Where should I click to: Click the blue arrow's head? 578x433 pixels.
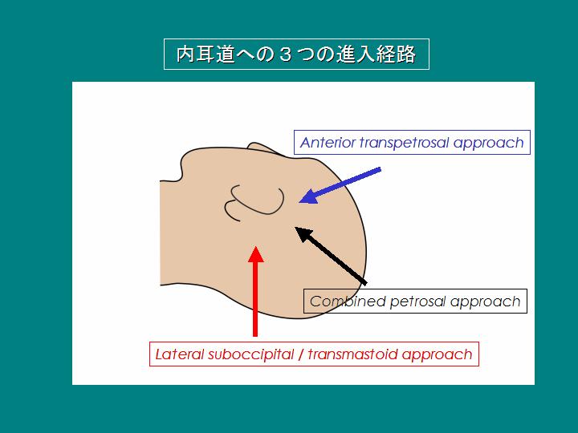(x=308, y=197)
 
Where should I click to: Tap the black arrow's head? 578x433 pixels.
(x=303, y=234)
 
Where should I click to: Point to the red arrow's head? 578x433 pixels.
(x=256, y=254)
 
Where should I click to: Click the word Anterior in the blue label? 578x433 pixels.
(x=328, y=143)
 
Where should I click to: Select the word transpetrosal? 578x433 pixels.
(x=405, y=144)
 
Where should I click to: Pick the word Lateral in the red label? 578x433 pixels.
(x=180, y=354)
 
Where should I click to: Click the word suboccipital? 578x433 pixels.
(x=250, y=354)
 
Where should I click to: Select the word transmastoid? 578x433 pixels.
(x=352, y=354)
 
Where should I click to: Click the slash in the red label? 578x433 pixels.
(x=301, y=354)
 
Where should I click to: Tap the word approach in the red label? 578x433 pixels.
(x=437, y=355)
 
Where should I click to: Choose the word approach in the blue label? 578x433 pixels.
(x=488, y=144)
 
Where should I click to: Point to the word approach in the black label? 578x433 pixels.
(x=485, y=302)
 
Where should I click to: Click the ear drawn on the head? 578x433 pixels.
(x=254, y=203)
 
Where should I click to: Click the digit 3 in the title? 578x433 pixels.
(x=285, y=55)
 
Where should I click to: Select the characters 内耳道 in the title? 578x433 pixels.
(x=206, y=54)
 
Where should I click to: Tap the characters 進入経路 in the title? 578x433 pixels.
(x=376, y=54)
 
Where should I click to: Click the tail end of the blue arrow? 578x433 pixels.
(x=381, y=169)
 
